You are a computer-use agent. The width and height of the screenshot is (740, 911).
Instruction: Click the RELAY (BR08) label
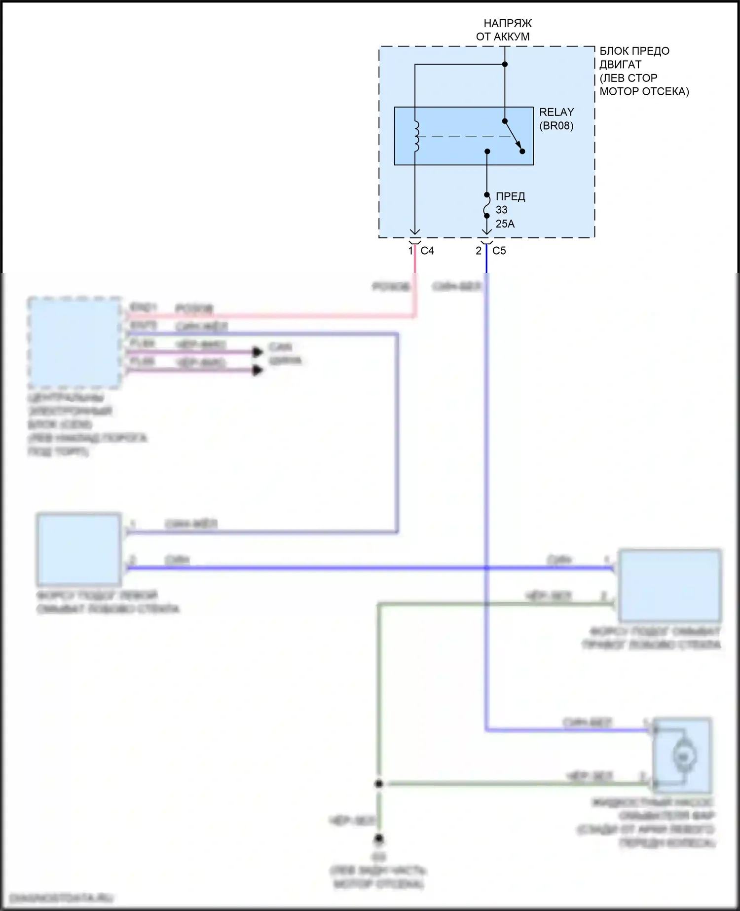coord(556,119)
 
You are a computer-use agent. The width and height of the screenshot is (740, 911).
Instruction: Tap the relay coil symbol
coord(416,136)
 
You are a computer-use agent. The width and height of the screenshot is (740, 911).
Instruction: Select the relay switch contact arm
coord(514,136)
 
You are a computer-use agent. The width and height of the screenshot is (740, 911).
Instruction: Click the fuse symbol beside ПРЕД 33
coord(486,205)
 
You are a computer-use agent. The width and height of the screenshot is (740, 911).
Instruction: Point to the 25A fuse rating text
coord(505,224)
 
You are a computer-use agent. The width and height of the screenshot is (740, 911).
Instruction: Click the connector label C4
coord(427,251)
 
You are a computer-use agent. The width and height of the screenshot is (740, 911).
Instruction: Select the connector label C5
coord(499,251)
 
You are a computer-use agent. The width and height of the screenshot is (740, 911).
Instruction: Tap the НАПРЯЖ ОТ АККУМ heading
coord(503,30)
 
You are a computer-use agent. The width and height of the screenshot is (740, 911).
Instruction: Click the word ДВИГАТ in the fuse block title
coord(620,65)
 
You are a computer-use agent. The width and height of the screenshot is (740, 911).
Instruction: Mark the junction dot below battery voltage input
coord(505,64)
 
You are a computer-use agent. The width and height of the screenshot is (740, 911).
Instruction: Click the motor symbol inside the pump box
coord(683,755)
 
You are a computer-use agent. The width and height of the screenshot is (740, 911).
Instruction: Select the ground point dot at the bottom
coord(378,838)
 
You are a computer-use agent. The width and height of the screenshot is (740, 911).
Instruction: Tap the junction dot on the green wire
coord(378,784)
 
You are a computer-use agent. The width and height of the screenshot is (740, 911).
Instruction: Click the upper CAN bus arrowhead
coord(258,352)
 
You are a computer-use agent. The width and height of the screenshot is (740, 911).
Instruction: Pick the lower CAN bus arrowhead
coord(258,370)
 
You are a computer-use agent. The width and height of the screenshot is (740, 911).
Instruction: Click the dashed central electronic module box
coord(74,342)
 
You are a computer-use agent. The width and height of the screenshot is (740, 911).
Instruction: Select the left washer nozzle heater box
coord(79,549)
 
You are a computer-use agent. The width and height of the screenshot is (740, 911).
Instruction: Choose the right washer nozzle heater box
coord(669,586)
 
